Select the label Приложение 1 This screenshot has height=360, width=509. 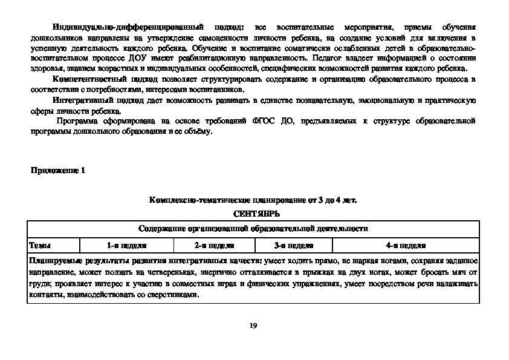tap(58, 171)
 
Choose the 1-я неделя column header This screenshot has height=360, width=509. tap(127, 246)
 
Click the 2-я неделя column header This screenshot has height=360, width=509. tap(215, 246)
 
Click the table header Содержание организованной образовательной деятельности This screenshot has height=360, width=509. tap(253, 229)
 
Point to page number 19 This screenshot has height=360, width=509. tap(253, 326)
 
